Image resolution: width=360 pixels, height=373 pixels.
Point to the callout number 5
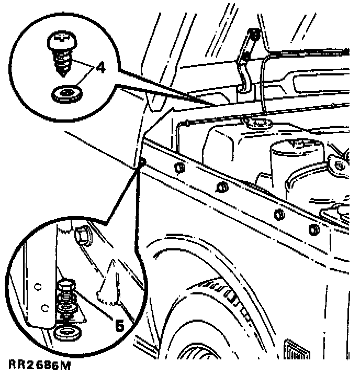(119, 325)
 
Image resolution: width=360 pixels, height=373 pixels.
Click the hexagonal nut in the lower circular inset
(82, 236)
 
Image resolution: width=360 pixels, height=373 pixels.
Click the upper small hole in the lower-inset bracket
(38, 286)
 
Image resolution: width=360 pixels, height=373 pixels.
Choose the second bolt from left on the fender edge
(221, 187)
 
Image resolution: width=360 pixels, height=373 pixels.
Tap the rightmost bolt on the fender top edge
(313, 228)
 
